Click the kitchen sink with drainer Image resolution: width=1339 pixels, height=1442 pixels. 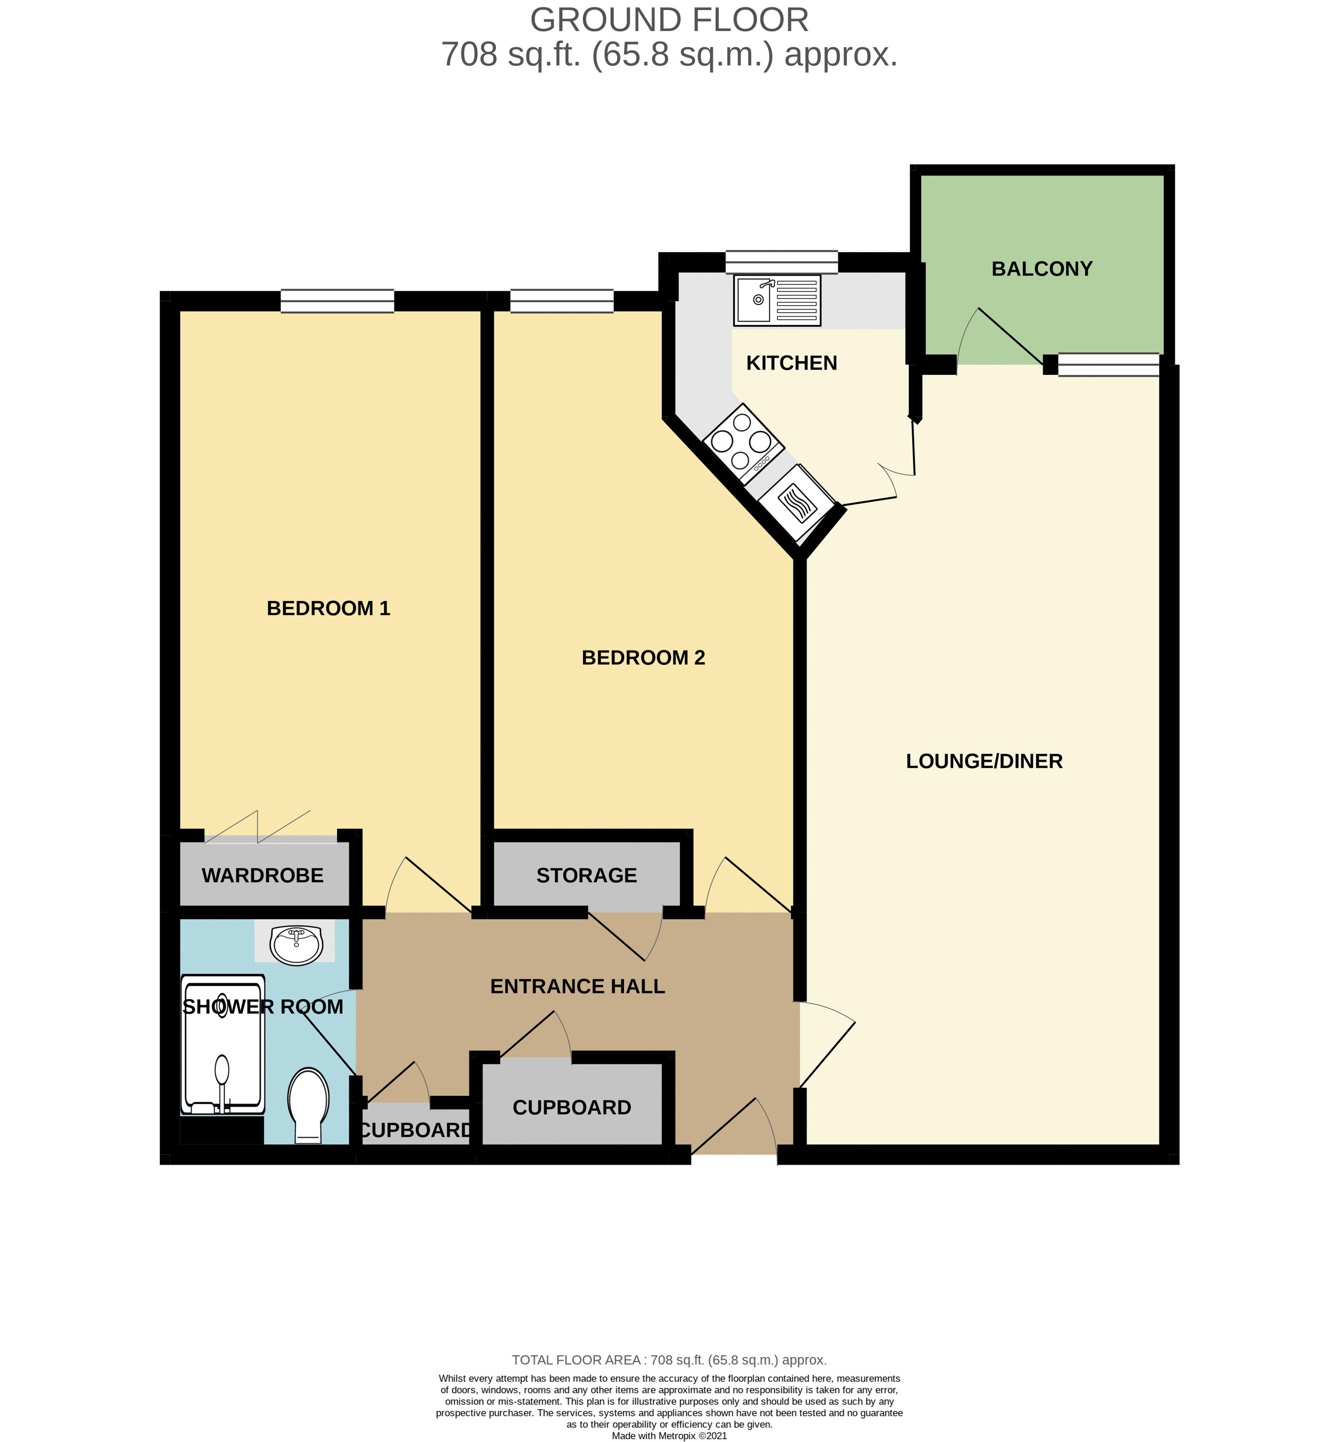click(x=777, y=300)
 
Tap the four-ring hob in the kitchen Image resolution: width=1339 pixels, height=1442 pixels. click(x=742, y=441)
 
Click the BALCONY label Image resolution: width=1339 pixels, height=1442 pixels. click(x=1041, y=269)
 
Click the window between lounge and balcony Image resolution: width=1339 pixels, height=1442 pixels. click(x=1108, y=364)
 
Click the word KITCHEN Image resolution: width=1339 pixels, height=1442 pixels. click(x=791, y=363)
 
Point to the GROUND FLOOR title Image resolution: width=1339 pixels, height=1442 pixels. click(x=669, y=20)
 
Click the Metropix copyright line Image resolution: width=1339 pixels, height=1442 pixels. click(x=669, y=1436)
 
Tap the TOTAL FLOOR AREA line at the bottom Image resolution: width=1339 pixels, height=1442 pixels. click(x=669, y=1359)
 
